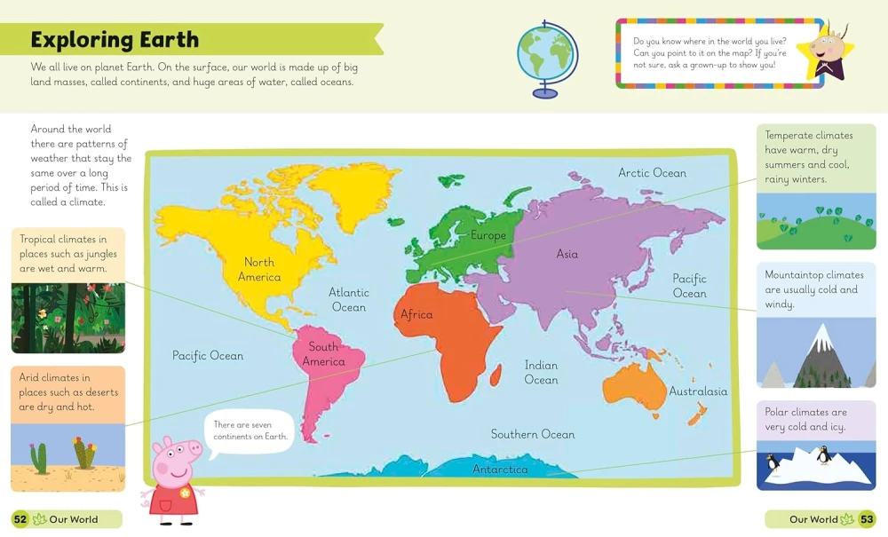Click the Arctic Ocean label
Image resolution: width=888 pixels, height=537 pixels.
[x=652, y=173]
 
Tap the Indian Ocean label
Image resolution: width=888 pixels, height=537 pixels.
[x=541, y=373]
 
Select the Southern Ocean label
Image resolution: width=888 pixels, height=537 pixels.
[x=533, y=434]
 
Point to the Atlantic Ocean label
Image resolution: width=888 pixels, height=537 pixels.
[x=348, y=299]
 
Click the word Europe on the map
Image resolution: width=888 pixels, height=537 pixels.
[x=488, y=235]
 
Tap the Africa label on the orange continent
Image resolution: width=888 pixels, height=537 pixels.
[x=416, y=314]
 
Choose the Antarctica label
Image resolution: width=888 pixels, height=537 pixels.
[x=500, y=470]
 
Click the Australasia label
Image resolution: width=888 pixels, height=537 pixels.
[x=698, y=391]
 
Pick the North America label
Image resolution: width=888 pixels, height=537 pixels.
[x=259, y=269]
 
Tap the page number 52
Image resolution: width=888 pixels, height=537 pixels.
[x=20, y=519]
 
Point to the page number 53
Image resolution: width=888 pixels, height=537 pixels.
[x=867, y=519]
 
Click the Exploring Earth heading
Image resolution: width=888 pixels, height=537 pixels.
[x=115, y=40]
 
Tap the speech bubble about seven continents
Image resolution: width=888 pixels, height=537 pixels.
[x=250, y=430]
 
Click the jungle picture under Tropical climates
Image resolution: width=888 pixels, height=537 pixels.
[x=67, y=318]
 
